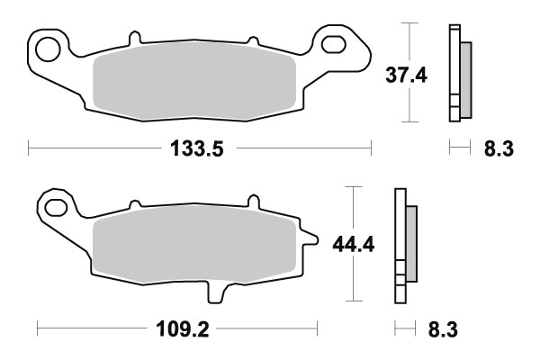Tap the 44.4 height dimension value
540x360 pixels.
(353, 244)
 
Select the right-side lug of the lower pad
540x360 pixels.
(310, 239)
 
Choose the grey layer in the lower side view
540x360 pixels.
(411, 243)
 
